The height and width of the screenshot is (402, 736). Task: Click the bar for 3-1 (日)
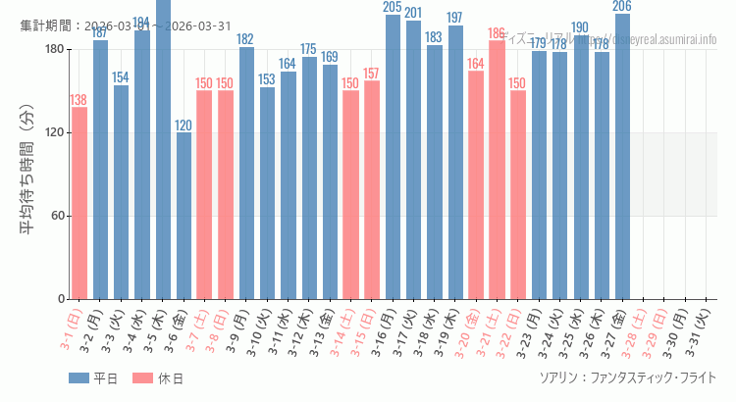click(x=79, y=203)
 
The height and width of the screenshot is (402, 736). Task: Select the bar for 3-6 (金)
click(x=184, y=216)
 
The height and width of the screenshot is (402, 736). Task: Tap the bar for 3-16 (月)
click(x=393, y=157)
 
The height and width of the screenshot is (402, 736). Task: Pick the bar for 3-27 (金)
click(x=622, y=157)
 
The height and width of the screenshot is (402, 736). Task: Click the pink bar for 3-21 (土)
click(x=497, y=170)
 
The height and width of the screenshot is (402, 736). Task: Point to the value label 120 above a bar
click(x=184, y=126)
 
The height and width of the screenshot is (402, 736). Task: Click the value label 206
click(x=622, y=7)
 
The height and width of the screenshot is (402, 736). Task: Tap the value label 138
click(x=79, y=100)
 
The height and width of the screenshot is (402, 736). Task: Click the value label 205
click(x=393, y=8)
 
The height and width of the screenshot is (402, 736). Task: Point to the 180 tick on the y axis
click(x=54, y=50)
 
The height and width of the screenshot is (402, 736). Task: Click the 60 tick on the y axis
click(x=57, y=216)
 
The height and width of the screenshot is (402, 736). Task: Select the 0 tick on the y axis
click(x=61, y=299)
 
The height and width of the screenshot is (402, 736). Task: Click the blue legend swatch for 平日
click(x=79, y=378)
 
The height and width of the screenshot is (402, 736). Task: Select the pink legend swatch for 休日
click(x=143, y=378)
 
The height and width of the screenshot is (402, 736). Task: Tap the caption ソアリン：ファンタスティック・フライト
click(x=628, y=377)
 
